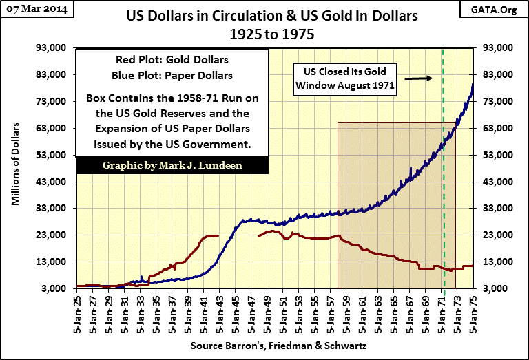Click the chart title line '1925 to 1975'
(264, 33)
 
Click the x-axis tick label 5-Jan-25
(78, 313)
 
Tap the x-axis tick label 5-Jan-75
(473, 313)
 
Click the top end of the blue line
(473, 84)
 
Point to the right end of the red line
(473, 266)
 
